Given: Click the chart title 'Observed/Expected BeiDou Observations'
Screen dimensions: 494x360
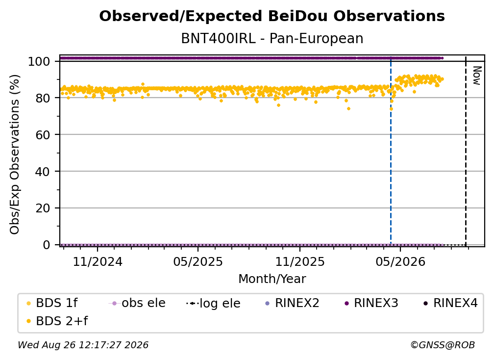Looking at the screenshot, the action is point(272,16).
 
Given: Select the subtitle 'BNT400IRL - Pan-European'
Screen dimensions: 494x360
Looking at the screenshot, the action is point(272,38).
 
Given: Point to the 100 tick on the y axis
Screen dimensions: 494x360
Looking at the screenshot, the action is point(39,61).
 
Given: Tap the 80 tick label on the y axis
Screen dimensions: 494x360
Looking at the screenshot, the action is point(43,98).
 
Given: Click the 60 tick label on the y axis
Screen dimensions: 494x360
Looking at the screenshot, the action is point(43,134).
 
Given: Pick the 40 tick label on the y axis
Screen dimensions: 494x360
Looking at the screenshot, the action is point(43,172).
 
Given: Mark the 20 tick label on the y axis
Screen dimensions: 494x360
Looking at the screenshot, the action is point(43,208).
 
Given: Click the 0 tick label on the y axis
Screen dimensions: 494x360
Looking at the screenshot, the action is point(47,245).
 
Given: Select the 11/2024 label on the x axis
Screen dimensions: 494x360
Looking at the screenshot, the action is point(98,261).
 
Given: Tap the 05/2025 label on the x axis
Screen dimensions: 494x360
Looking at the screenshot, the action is point(198,261).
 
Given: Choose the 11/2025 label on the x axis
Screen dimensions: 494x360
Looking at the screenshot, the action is point(300,261).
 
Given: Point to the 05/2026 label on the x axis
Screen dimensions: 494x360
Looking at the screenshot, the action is point(400,261).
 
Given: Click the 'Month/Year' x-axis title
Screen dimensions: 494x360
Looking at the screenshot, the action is point(272,279).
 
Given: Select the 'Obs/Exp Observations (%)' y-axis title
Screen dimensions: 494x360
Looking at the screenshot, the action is point(15,154).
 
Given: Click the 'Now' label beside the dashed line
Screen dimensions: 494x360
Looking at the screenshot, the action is point(477,76).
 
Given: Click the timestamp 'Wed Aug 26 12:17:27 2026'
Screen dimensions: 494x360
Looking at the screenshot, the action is point(83,345).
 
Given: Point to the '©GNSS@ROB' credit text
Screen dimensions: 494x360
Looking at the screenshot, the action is point(443,345).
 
